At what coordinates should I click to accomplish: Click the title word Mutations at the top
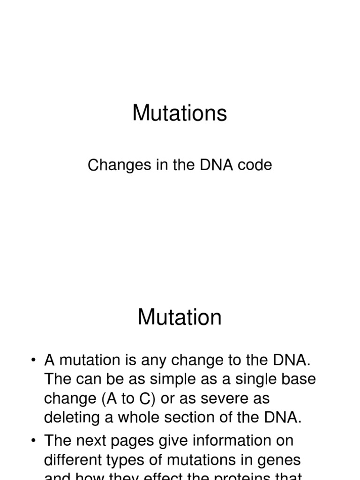180,113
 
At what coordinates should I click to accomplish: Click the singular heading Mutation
180,317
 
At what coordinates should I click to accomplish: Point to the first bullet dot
33,360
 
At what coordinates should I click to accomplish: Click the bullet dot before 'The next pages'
33,441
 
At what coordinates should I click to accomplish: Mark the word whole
146,418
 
